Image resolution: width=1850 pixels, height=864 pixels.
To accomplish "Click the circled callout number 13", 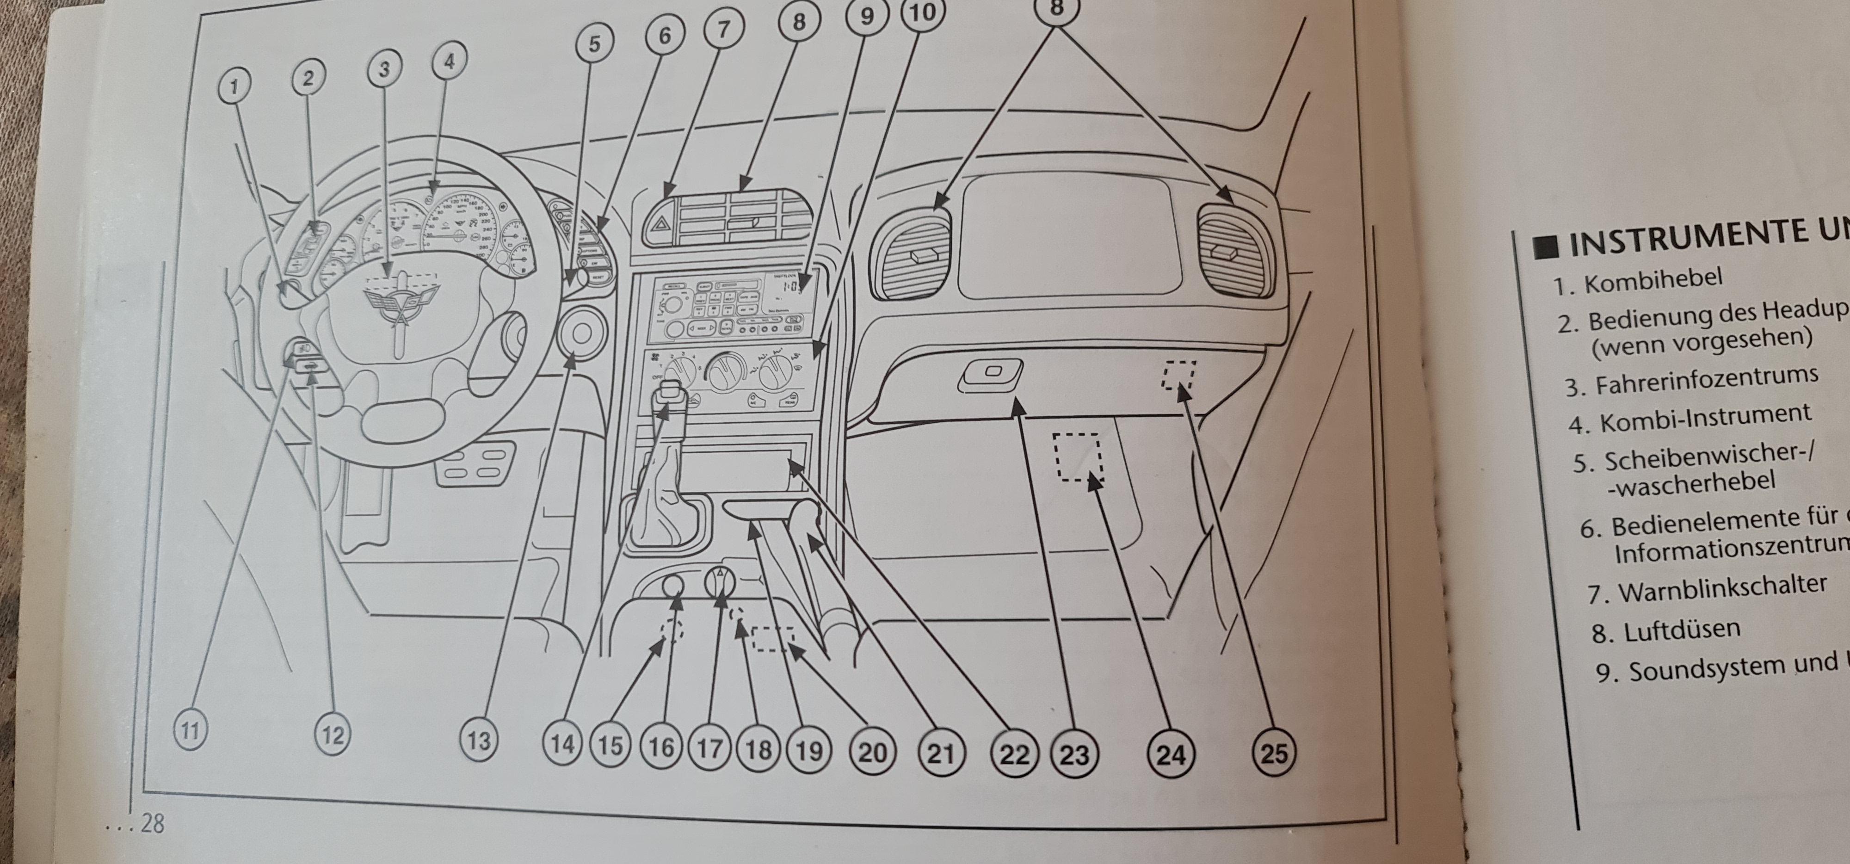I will coord(478,739).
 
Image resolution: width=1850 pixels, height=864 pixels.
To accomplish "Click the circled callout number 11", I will coord(190,731).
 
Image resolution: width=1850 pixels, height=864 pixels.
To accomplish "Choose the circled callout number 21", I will coord(940,753).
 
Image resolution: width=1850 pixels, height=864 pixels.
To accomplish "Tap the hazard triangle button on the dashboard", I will coord(659,230).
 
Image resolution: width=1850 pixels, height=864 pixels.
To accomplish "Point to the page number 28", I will coord(152,822).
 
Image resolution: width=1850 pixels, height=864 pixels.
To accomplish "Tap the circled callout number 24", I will coord(1171,754).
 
